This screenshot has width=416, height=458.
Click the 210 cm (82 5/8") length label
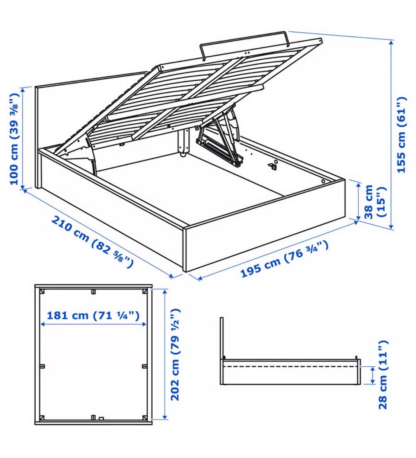[x=92, y=242]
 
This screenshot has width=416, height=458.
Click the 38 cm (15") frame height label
[x=375, y=202]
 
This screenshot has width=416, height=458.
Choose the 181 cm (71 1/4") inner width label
[x=93, y=315]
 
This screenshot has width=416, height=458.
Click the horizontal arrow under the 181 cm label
[x=93, y=324]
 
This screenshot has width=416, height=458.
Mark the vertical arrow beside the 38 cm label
[x=358, y=200]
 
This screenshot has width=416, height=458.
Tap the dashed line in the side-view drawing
[x=290, y=366]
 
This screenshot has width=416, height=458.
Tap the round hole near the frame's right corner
[x=323, y=181]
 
